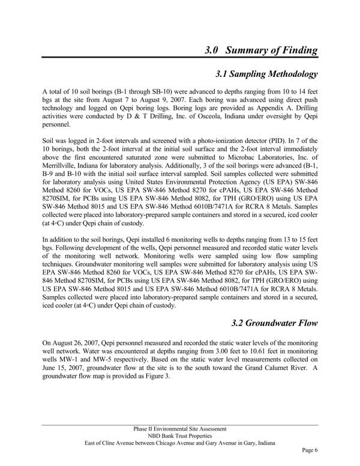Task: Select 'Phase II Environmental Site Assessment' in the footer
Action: (180, 429)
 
